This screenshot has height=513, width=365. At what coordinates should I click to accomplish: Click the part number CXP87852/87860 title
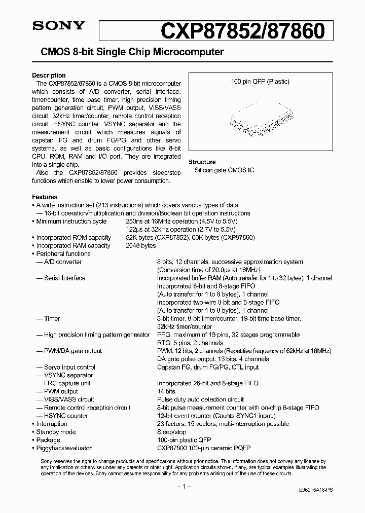click(242, 31)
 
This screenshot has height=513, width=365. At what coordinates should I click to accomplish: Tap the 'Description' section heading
click(49, 76)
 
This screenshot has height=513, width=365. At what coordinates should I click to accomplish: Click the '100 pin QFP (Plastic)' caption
click(260, 82)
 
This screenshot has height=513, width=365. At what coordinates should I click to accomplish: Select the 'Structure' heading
click(202, 162)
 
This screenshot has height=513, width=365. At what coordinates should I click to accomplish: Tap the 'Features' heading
click(45, 197)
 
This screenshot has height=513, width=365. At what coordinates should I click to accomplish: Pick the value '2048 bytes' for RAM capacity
click(141, 246)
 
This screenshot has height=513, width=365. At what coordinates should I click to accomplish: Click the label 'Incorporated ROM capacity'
click(74, 238)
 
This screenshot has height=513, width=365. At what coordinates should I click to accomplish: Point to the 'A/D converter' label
click(63, 262)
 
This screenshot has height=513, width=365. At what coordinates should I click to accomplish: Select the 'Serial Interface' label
click(65, 278)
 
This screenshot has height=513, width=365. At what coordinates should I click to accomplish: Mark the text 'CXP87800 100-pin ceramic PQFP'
click(204, 449)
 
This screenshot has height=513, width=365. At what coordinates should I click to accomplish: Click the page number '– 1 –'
click(182, 487)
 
